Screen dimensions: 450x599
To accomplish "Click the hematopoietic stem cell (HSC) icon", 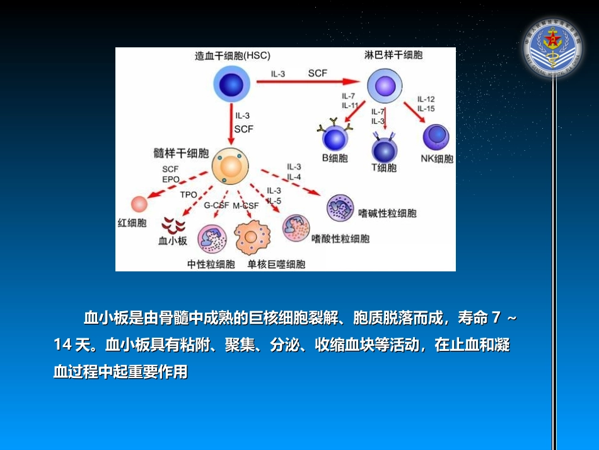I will [229, 85].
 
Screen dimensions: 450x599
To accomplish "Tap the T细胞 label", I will [384, 168].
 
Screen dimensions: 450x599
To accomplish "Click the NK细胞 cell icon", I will [436, 137].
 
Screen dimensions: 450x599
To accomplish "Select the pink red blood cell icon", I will [139, 204].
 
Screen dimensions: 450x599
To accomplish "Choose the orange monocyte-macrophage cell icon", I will [252, 238].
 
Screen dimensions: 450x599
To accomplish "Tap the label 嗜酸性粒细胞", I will [340, 239].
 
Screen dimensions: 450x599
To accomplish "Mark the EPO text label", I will [171, 179].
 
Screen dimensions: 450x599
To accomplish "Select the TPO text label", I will [189, 195].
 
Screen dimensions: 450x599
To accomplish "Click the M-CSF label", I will [246, 206].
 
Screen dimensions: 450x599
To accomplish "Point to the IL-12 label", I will [426, 99].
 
